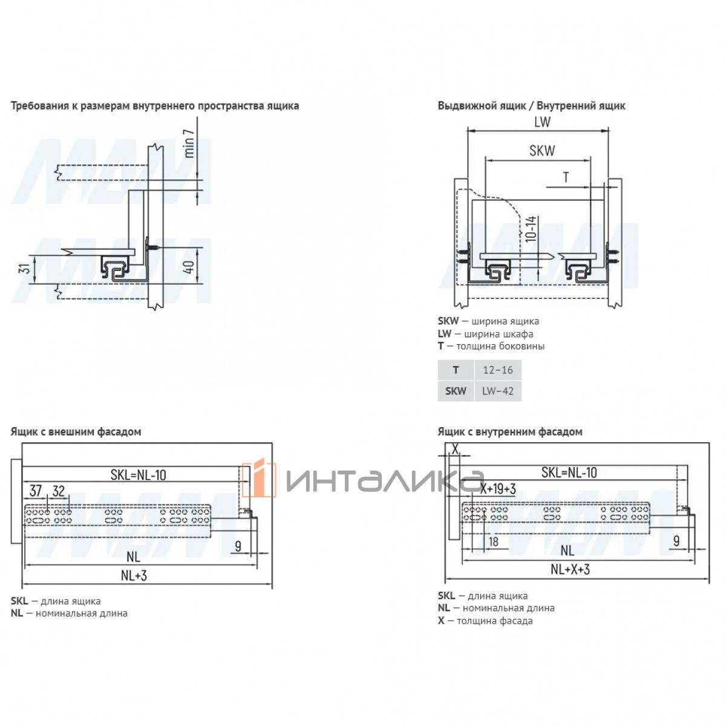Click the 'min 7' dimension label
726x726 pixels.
click(189, 143)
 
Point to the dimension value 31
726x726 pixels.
click(24, 269)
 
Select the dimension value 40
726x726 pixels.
click(189, 267)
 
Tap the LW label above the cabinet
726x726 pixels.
click(541, 122)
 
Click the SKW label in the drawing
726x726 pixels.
click(541, 151)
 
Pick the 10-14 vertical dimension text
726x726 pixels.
click(530, 229)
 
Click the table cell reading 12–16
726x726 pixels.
click(497, 370)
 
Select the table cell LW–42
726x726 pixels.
click(497, 391)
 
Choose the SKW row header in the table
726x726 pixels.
click(455, 391)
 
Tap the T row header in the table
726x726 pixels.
click(456, 370)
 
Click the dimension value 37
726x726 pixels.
click(36, 491)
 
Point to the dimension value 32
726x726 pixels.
click(59, 491)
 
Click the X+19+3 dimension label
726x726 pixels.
click(498, 489)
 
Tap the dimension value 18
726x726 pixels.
click(493, 541)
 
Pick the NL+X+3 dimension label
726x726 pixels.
click(570, 569)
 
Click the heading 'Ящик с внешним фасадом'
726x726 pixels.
click(76, 431)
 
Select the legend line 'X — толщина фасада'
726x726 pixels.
click(485, 620)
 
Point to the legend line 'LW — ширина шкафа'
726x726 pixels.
click(485, 333)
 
